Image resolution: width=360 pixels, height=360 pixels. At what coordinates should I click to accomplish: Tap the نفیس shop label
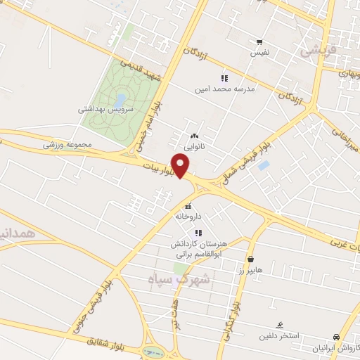click(259, 53)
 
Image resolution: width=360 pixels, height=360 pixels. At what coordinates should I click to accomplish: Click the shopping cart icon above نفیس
click(259, 42)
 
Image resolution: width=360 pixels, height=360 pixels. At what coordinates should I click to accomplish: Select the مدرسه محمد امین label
click(225, 89)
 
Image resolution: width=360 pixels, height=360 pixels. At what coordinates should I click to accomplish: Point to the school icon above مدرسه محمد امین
click(224, 78)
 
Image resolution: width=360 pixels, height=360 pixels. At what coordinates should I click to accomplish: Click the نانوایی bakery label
click(195, 148)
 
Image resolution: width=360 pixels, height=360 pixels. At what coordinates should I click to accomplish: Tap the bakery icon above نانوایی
click(195, 136)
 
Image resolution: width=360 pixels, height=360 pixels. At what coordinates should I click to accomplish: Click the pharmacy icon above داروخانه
click(188, 207)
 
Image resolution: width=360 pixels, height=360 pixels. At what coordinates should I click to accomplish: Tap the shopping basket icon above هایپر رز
click(251, 259)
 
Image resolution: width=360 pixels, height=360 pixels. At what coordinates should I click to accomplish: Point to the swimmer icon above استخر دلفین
click(280, 325)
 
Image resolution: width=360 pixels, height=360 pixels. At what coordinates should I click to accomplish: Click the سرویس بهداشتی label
click(102, 110)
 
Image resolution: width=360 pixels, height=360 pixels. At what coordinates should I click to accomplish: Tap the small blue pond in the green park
click(121, 101)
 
